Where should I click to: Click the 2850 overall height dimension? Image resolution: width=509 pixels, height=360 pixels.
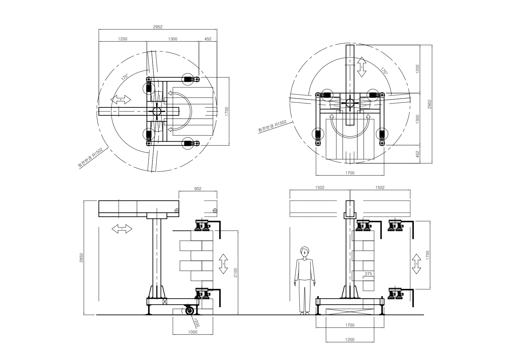point(81,258)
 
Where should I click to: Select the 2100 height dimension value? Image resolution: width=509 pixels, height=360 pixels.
point(236,273)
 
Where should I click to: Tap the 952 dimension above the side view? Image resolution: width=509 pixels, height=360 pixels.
point(198,189)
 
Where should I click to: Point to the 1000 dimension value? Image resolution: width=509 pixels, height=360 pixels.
point(193,332)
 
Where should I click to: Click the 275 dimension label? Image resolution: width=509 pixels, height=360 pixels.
point(368,274)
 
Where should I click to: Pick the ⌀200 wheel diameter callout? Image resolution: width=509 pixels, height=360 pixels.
point(197,323)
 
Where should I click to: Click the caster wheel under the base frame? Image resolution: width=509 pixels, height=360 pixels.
point(190,311)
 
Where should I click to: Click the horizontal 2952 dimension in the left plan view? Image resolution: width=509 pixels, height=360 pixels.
point(158,27)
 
